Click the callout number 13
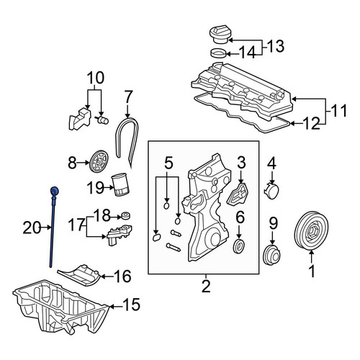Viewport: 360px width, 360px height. coord(275,47)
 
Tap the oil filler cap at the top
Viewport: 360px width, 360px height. coord(220,35)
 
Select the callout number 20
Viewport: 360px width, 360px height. coord(32,228)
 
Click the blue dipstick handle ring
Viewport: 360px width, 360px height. coord(54,191)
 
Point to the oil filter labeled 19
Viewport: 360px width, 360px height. coord(121,185)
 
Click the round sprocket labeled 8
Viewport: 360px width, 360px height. coord(100,161)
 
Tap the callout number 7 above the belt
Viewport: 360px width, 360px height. coord(128,97)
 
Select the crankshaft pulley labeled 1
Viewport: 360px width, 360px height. coord(311,230)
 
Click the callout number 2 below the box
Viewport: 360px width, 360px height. coord(206,285)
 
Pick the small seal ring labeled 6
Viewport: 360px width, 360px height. coord(239,246)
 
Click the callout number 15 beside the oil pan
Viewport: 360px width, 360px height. coord(131,305)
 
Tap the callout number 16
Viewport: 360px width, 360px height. coord(122,276)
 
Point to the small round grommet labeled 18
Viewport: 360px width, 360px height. coord(126,216)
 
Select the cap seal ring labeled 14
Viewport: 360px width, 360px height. coord(218,53)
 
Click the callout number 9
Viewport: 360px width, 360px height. coord(273,223)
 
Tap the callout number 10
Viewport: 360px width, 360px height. coord(95,78)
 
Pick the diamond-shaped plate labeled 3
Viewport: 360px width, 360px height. coord(238,194)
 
